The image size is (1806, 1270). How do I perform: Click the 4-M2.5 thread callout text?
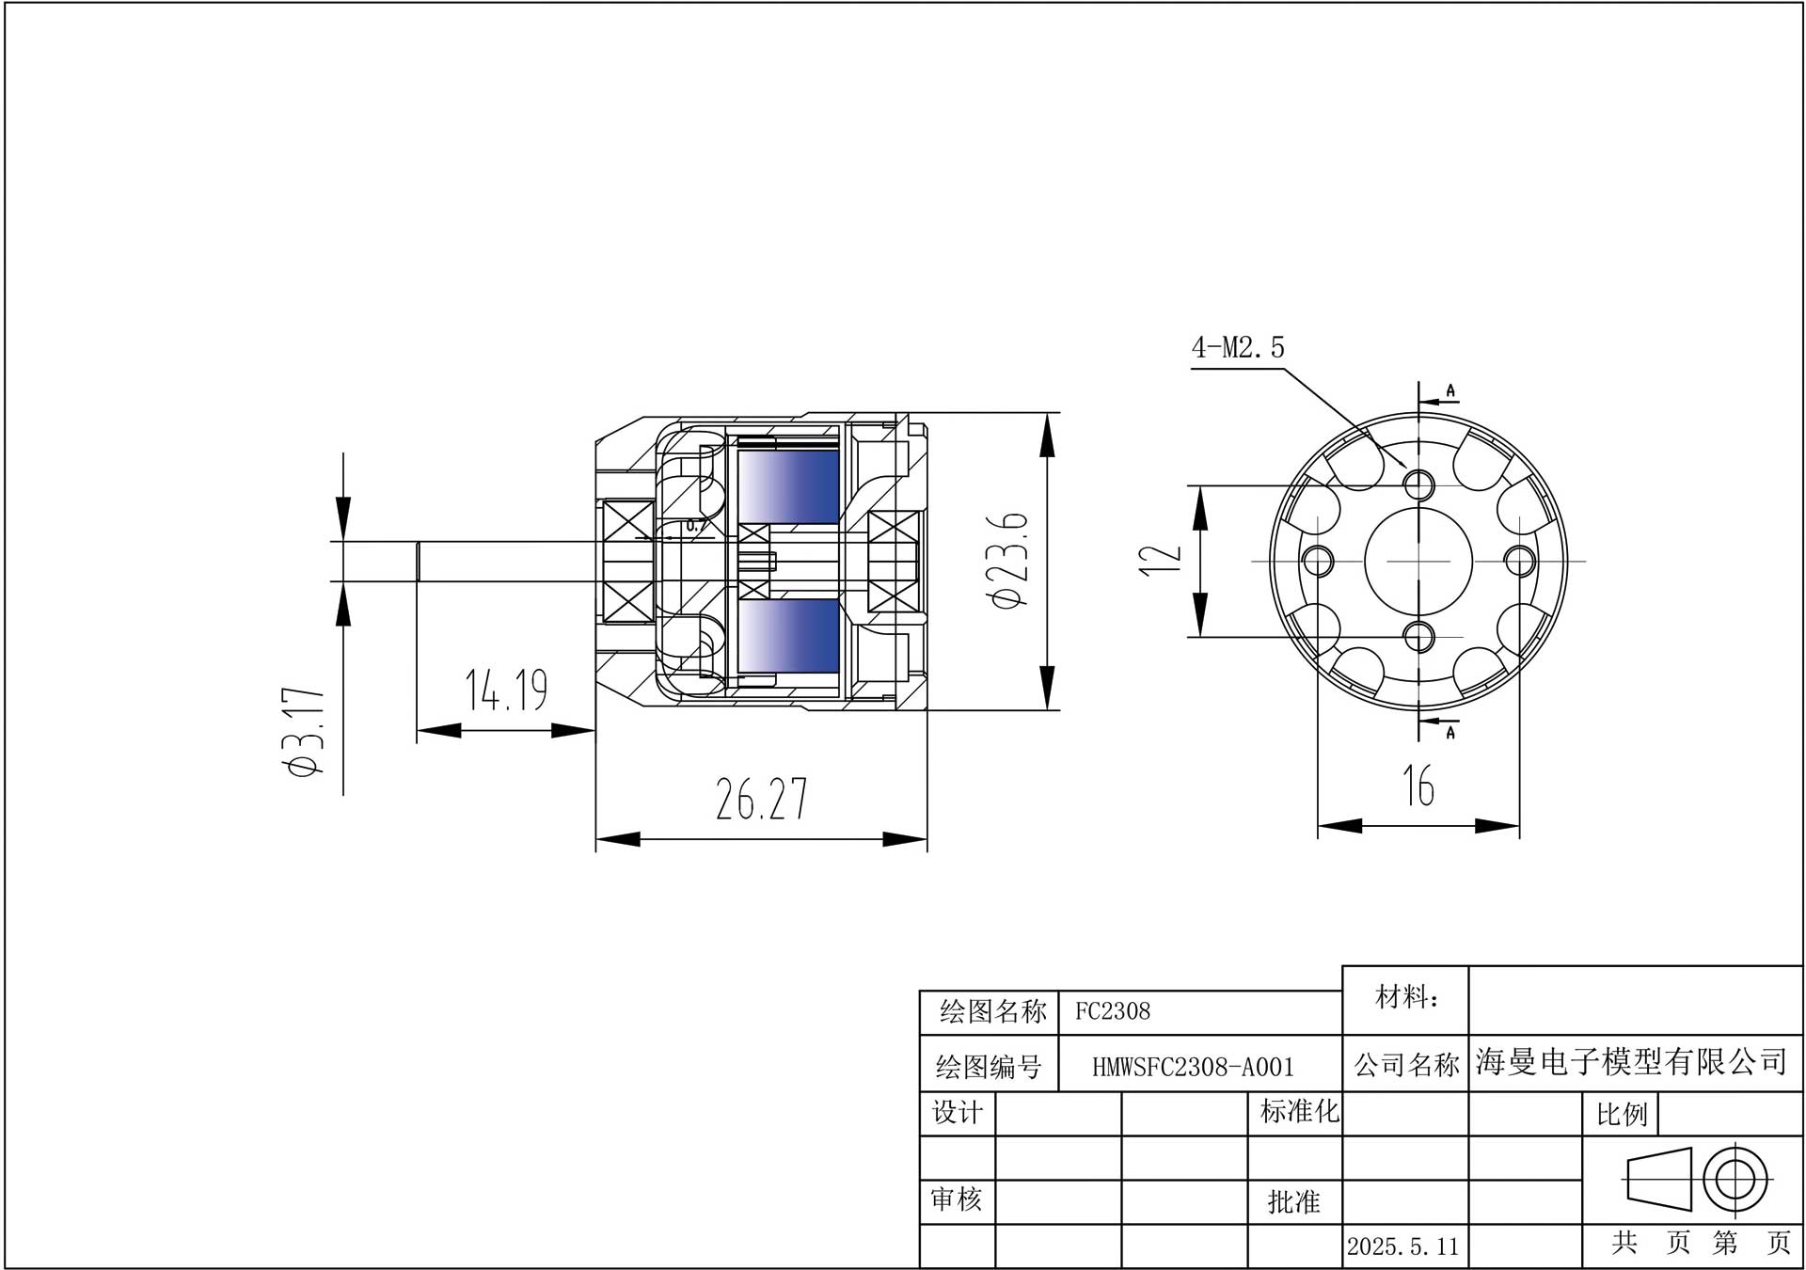(x=1238, y=348)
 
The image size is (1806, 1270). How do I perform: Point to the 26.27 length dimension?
(x=762, y=799)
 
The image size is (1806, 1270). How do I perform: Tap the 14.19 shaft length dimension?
(x=506, y=689)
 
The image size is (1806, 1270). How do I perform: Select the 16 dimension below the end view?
(x=1418, y=786)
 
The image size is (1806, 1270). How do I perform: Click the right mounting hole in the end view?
(x=1519, y=562)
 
